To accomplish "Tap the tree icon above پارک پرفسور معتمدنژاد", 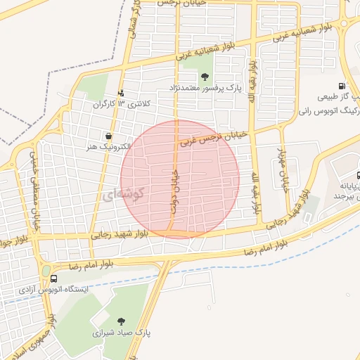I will click(205, 77).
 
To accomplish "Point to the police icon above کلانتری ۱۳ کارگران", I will click(120, 92).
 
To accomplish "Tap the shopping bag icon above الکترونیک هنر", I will click(108, 136).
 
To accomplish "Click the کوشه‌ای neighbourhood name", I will click(124, 193).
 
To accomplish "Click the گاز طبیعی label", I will click(339, 97).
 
